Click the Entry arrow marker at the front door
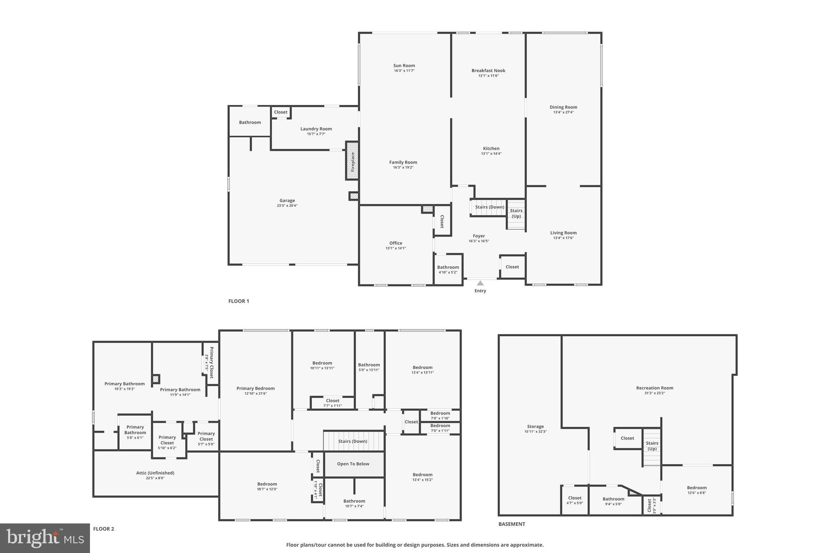[480, 283]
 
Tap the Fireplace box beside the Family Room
[352, 161]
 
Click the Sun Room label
[404, 66]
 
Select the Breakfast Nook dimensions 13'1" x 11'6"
[488, 76]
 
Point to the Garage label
[287, 201]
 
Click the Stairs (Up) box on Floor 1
[516, 214]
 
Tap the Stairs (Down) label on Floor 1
[490, 207]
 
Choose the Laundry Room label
[316, 129]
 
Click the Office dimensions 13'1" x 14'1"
[396, 248]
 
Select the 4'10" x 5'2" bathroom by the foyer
[448, 269]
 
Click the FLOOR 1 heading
[239, 301]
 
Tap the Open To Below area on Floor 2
[353, 464]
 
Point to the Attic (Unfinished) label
[155, 473]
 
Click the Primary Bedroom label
[256, 389]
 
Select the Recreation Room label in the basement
[655, 388]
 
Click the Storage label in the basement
[535, 427]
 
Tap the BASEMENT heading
[512, 524]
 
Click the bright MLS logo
[45, 538]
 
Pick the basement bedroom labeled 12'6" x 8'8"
[697, 490]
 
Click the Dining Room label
[563, 107]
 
